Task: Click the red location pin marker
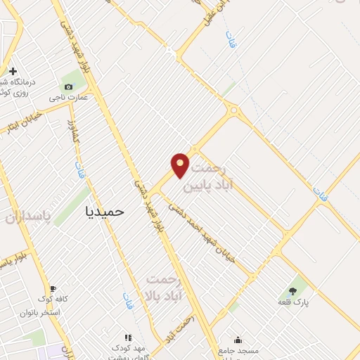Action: click(180, 165)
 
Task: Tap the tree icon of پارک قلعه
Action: click(292, 290)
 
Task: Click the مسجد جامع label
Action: click(238, 350)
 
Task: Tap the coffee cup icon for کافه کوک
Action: click(52, 289)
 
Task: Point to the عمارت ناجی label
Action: click(68, 97)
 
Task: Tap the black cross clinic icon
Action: click(13, 71)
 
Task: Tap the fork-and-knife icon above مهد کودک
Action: click(128, 338)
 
